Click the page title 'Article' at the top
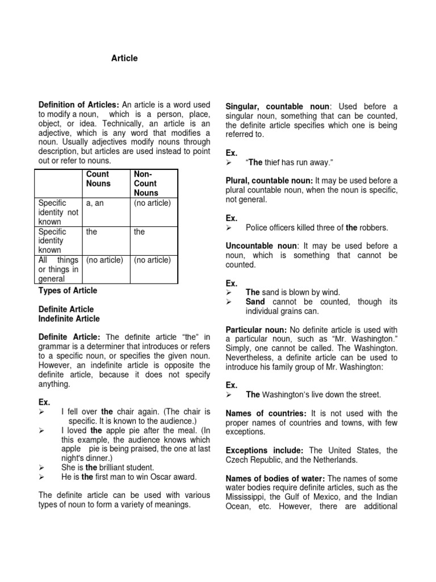(x=124, y=58)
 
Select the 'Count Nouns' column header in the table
(x=98, y=179)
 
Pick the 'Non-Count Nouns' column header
(x=146, y=184)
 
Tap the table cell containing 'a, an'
(x=94, y=203)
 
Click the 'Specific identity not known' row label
(x=58, y=212)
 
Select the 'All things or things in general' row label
(x=58, y=269)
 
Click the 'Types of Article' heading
(x=68, y=290)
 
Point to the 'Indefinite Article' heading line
(x=69, y=318)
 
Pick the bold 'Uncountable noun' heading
(x=261, y=246)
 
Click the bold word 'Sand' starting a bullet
(x=255, y=301)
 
